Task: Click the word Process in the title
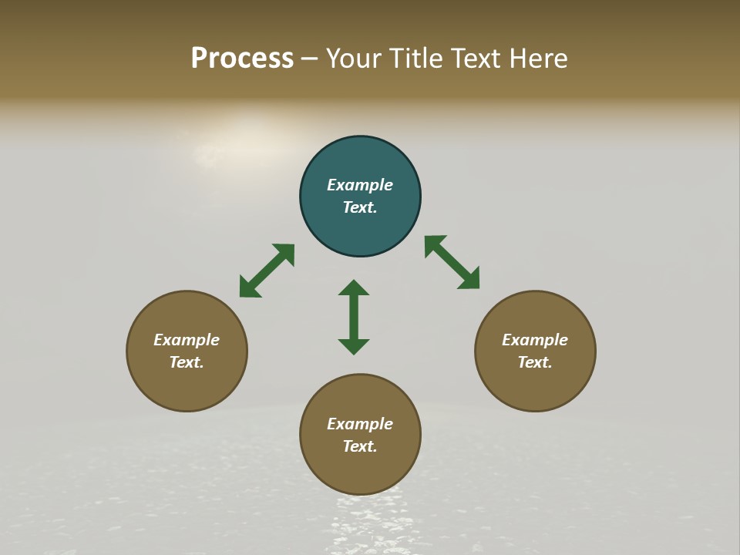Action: [242, 59]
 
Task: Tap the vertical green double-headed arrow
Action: [354, 317]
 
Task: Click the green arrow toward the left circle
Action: [267, 271]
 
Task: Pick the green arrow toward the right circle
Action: [452, 262]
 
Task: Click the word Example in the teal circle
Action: [360, 185]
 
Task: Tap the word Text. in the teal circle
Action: [360, 207]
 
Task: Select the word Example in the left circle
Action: [187, 340]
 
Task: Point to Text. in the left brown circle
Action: [187, 362]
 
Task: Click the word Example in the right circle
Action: [535, 340]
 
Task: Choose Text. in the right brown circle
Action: [535, 362]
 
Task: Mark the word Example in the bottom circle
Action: [360, 424]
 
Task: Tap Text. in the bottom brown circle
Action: [360, 446]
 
